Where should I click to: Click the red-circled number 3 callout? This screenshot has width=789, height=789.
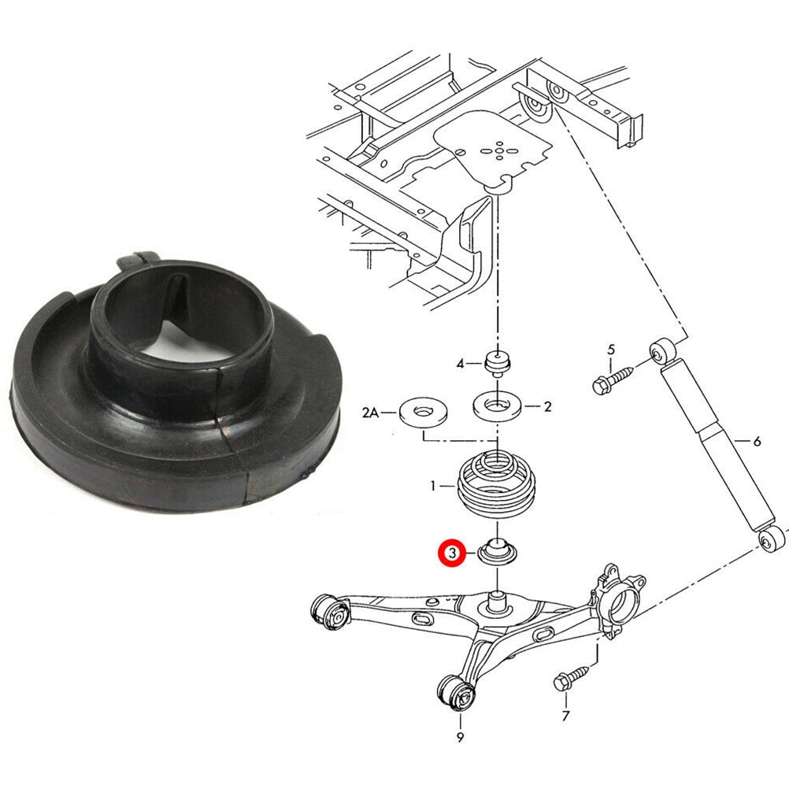tap(452, 554)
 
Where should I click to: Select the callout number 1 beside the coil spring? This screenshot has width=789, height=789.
tap(432, 487)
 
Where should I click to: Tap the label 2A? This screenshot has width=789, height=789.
tap(371, 411)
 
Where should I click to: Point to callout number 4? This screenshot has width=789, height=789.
tap(460, 363)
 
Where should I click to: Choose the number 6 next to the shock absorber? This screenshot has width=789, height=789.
tap(757, 442)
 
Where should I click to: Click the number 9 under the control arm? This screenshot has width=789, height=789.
tap(459, 737)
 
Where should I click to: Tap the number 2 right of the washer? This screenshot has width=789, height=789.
tap(548, 406)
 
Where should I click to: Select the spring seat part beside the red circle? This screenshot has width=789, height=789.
tap(498, 551)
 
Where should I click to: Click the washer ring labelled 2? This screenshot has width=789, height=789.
tap(496, 406)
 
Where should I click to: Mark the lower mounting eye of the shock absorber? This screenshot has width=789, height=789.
tap(772, 539)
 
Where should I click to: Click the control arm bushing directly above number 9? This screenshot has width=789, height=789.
tap(457, 694)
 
